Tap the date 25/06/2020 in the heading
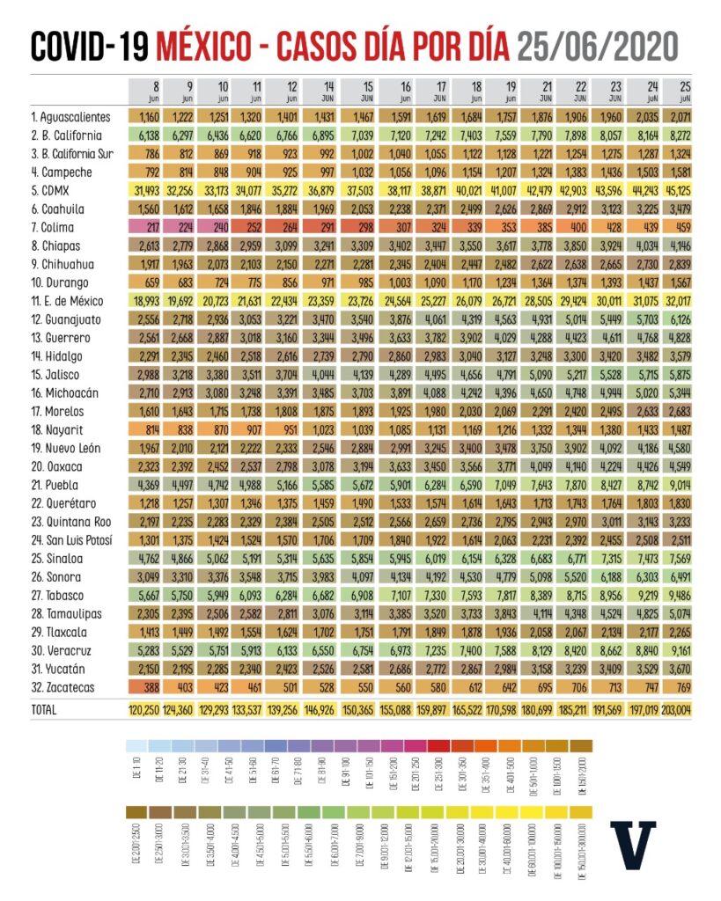point(599,45)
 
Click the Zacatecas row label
point(64,687)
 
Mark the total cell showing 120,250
point(146,707)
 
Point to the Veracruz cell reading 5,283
point(147,648)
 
